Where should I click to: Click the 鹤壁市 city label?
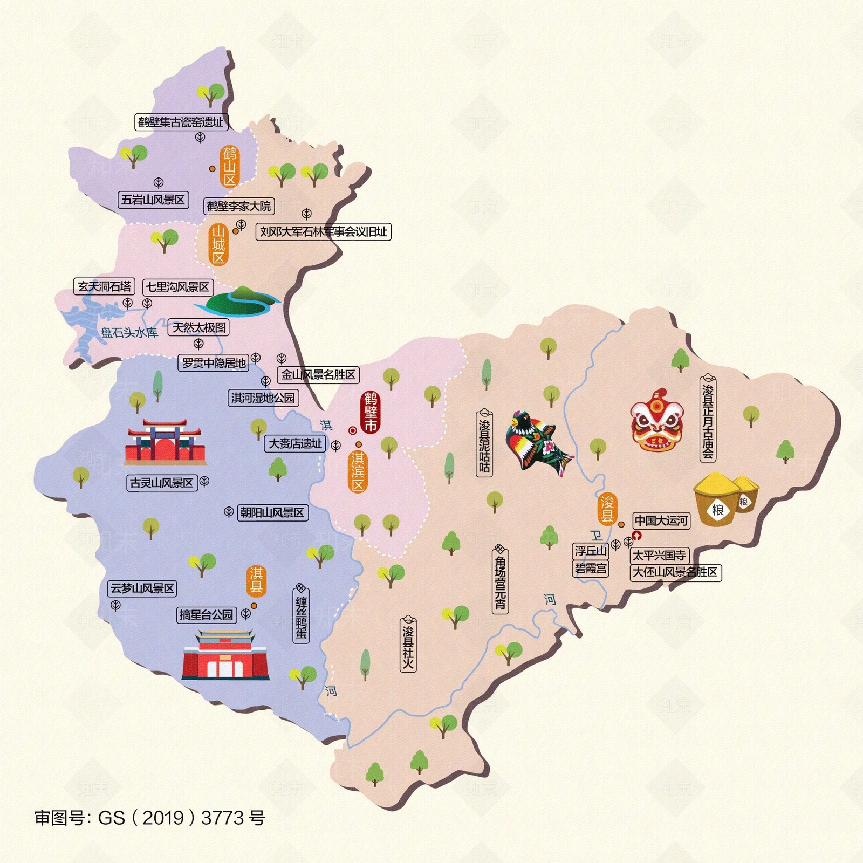click(x=371, y=413)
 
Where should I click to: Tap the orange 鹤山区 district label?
click(x=230, y=166)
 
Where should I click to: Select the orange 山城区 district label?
click(x=218, y=245)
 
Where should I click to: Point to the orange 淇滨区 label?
click(x=358, y=472)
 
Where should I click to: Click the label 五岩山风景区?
click(x=153, y=200)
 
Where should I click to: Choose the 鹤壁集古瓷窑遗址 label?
click(x=181, y=122)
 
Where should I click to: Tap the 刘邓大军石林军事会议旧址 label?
click(x=323, y=232)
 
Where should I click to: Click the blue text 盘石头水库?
click(x=129, y=333)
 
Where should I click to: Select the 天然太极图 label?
click(x=199, y=327)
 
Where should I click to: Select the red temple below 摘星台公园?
click(x=225, y=655)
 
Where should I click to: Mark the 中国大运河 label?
click(x=661, y=520)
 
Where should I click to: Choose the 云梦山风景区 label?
click(x=143, y=588)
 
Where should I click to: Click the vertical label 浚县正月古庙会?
click(x=708, y=418)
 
